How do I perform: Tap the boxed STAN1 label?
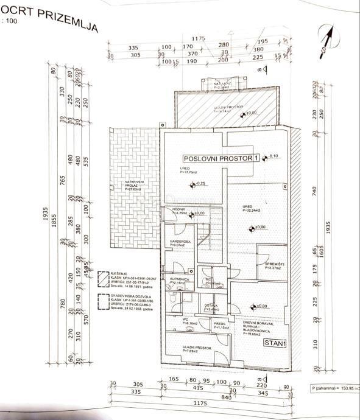pos(276,343)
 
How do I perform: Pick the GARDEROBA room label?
pos(180,241)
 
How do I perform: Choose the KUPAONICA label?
pos(181,279)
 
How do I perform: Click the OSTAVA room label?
pos(211,305)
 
